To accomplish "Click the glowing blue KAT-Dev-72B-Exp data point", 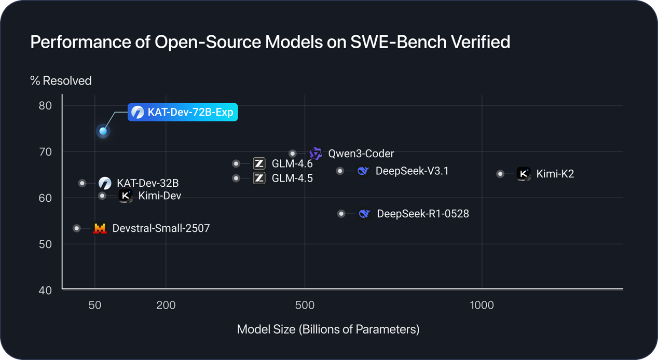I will [103, 131].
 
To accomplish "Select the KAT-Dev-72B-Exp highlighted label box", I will [183, 112].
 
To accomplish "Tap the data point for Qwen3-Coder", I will [293, 154].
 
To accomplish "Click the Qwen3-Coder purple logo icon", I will [316, 153].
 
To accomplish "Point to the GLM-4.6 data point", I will [236, 164].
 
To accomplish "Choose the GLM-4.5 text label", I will [292, 178].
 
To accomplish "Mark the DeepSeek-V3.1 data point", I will [340, 171].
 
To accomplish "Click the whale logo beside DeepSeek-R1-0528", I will [364, 214].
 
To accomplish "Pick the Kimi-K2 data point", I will [500, 174].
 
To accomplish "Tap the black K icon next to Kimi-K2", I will [524, 174].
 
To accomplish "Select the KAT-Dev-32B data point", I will [82, 183].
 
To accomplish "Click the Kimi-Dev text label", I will [160, 196].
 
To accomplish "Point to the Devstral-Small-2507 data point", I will [77, 228].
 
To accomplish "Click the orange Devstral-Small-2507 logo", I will [100, 228].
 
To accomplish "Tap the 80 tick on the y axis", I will [45, 106].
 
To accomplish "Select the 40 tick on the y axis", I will [45, 290].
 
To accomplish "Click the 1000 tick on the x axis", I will [482, 306].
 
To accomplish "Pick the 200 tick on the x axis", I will [166, 306].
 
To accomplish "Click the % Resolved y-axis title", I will [61, 81].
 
